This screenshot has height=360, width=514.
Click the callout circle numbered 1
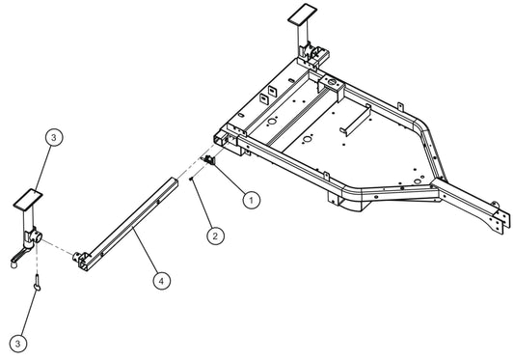(x=251, y=201)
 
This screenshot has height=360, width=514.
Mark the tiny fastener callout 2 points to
(x=193, y=180)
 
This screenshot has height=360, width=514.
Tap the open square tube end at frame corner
(x=225, y=143)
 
